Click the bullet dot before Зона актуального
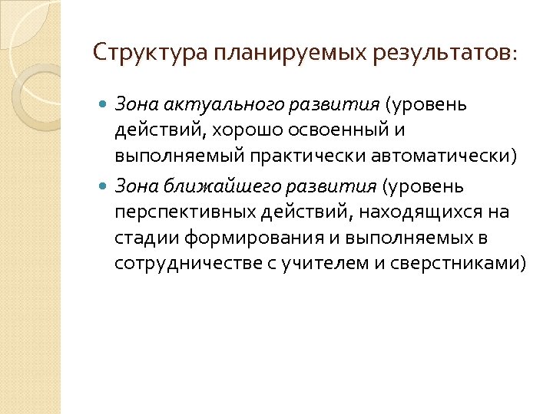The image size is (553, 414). pos(104,103)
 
